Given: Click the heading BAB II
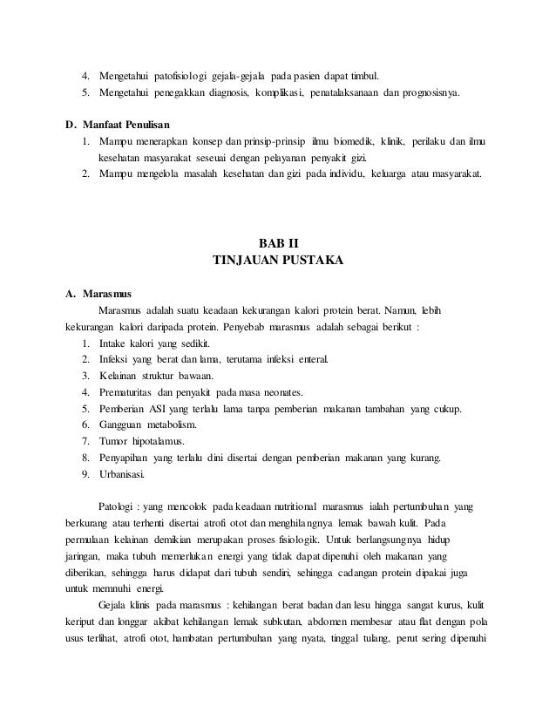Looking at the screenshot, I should point(278,242).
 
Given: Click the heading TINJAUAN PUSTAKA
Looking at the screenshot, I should point(278,259).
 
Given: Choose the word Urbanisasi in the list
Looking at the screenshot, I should point(124,475).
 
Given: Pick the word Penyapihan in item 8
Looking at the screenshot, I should point(127,458).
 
